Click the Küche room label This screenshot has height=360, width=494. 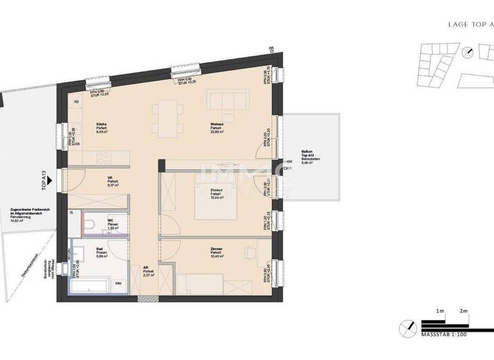tap(102, 124)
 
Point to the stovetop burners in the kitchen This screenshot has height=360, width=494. tap(103, 157)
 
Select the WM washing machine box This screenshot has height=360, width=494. tap(118, 282)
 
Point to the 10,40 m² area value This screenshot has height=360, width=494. tap(217, 256)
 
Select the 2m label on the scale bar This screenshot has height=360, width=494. tap(463, 311)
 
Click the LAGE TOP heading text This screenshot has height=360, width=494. tap(461, 24)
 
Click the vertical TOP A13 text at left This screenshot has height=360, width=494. tap(44, 181)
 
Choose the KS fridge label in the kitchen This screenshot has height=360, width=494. tap(77, 102)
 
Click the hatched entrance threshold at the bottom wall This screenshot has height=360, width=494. tap(147, 298)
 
